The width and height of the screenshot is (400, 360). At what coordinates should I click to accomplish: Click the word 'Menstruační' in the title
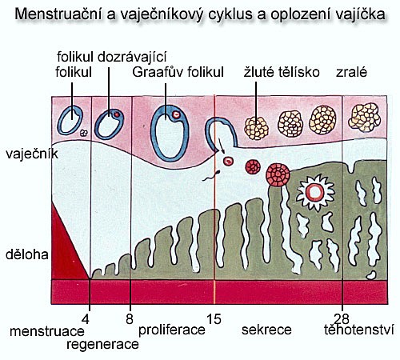click(x=58, y=14)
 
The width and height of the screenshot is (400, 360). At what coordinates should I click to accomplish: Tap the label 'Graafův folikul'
click(x=178, y=72)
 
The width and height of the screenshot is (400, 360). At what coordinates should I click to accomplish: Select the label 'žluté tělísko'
click(x=282, y=72)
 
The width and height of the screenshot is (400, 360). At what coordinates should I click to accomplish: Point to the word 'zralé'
click(x=351, y=72)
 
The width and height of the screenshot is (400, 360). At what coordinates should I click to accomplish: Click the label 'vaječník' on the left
click(x=32, y=154)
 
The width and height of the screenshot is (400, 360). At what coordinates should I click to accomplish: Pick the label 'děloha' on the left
click(x=27, y=254)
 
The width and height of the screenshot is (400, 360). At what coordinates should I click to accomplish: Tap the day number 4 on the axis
click(x=86, y=319)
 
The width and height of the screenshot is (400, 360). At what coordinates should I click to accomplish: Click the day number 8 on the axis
click(x=130, y=319)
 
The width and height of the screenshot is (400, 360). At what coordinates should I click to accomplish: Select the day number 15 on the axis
click(x=214, y=319)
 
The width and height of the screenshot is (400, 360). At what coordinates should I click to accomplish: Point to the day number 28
click(x=342, y=319)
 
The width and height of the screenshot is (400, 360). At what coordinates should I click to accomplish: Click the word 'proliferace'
click(x=172, y=330)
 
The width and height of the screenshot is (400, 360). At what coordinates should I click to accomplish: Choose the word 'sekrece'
click(x=266, y=330)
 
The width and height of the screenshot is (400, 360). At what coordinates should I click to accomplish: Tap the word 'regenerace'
click(x=102, y=344)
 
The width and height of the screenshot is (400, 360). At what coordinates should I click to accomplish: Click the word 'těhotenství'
click(x=359, y=330)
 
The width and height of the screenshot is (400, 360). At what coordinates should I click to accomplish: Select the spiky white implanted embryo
click(x=315, y=193)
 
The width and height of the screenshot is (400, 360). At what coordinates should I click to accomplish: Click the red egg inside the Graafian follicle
click(x=176, y=114)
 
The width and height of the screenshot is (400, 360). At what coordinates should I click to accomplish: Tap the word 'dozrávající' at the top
click(x=132, y=58)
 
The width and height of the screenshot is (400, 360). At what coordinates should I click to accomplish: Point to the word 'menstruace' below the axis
click(x=47, y=331)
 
